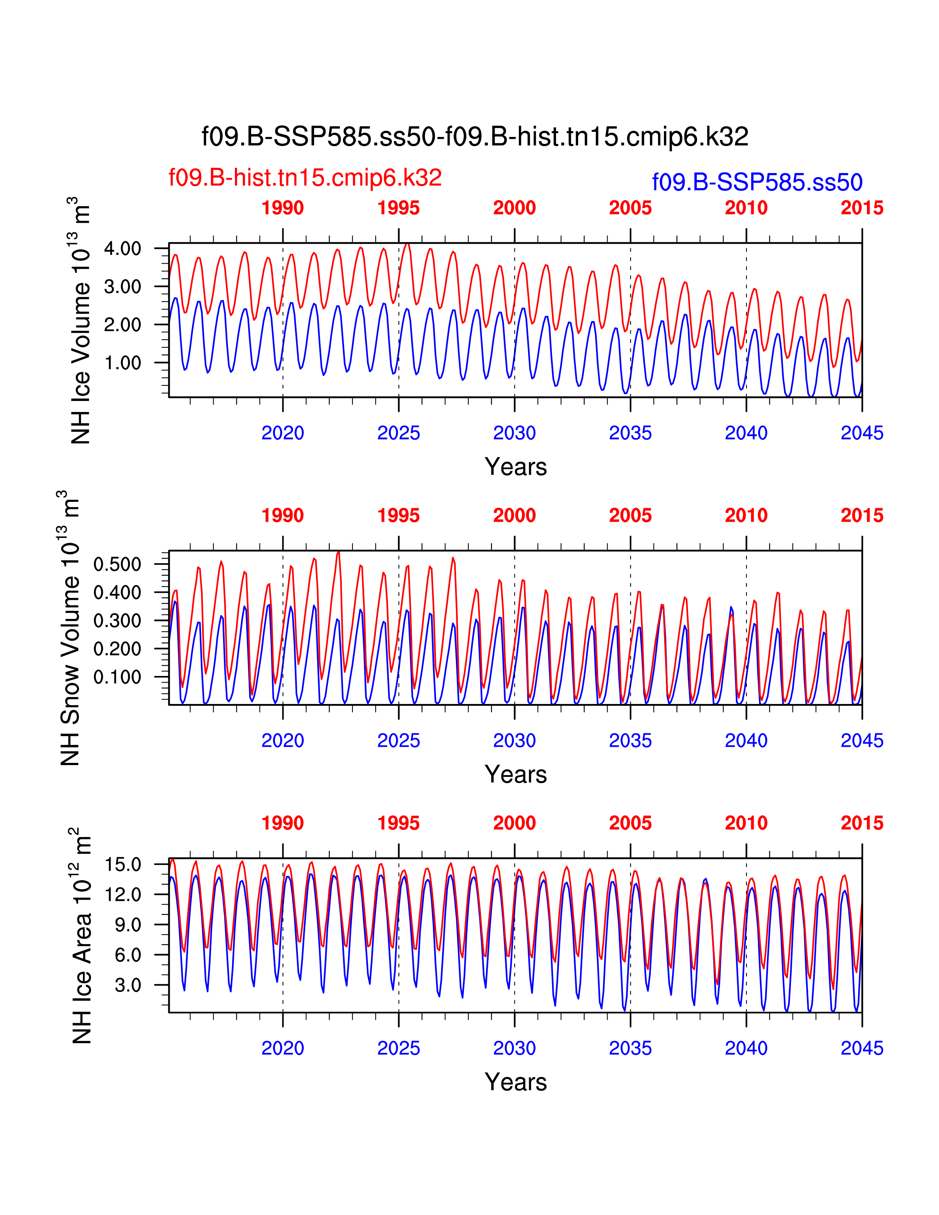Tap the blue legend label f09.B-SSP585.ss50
pyautogui.click(x=757, y=183)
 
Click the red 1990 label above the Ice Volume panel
pyautogui.click(x=282, y=208)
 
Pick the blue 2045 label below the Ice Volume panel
pyautogui.click(x=862, y=433)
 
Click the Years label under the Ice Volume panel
pyautogui.click(x=516, y=467)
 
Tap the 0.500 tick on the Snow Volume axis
pyautogui.click(x=117, y=564)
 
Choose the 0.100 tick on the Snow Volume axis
pyautogui.click(x=117, y=677)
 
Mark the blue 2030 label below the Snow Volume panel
pyautogui.click(x=514, y=740)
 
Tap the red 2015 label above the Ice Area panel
pyautogui.click(x=862, y=823)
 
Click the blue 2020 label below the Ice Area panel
pyautogui.click(x=282, y=1048)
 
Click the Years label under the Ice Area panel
pyautogui.click(x=516, y=1082)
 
